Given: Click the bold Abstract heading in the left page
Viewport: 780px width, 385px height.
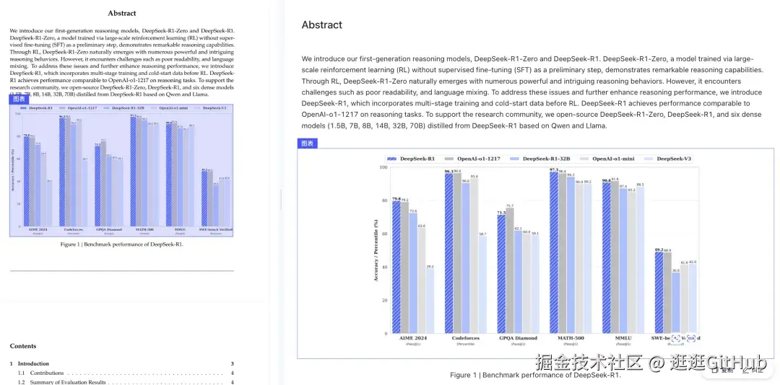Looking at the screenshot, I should click(x=122, y=13).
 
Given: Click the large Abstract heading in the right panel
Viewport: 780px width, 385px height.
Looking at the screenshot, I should click(x=322, y=25).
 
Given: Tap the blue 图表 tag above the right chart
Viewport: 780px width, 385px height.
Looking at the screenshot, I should click(x=307, y=143).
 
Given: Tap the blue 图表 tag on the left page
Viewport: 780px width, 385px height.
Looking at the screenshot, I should click(x=19, y=99).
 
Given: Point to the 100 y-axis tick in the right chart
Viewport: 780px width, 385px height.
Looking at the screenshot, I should click(x=383, y=168).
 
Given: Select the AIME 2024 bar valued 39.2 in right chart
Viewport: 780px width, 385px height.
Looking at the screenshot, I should click(x=430, y=301).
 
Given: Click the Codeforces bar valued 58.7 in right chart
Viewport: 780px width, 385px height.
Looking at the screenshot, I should click(x=482, y=284).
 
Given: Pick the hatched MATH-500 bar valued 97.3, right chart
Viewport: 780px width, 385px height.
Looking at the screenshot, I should click(x=554, y=252).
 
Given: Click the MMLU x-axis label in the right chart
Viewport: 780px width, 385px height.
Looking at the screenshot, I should click(x=623, y=338).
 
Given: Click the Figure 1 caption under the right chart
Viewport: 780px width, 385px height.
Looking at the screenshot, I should click(x=535, y=375).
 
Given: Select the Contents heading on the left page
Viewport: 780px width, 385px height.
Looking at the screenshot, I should click(x=23, y=346).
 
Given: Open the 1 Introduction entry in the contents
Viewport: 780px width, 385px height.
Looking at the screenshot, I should click(x=33, y=363).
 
